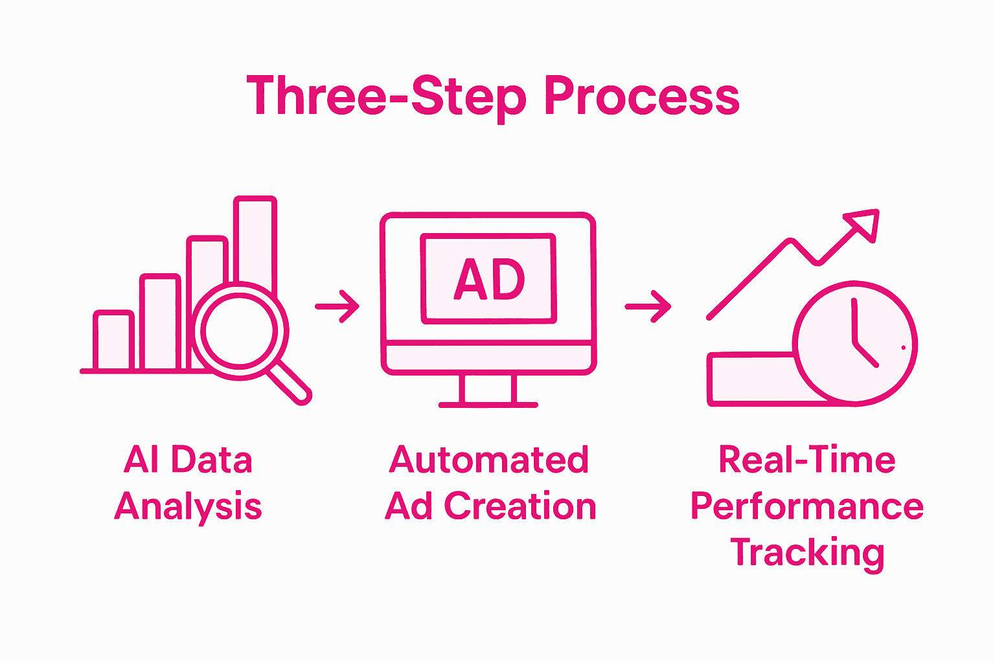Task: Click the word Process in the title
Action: [641, 96]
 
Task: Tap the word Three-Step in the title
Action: [386, 96]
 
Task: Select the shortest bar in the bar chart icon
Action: [113, 341]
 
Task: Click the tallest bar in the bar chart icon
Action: [256, 240]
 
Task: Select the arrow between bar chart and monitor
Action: [337, 306]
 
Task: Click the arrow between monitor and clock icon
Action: [648, 306]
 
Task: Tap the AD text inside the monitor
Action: [488, 280]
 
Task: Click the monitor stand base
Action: [488, 405]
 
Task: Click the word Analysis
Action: [189, 507]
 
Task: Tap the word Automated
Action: [489, 460]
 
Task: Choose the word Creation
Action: [520, 506]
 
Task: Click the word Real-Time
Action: [806, 460]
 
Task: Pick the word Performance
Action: [806, 506]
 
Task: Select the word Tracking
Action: [807, 553]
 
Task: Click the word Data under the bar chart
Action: [212, 460]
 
